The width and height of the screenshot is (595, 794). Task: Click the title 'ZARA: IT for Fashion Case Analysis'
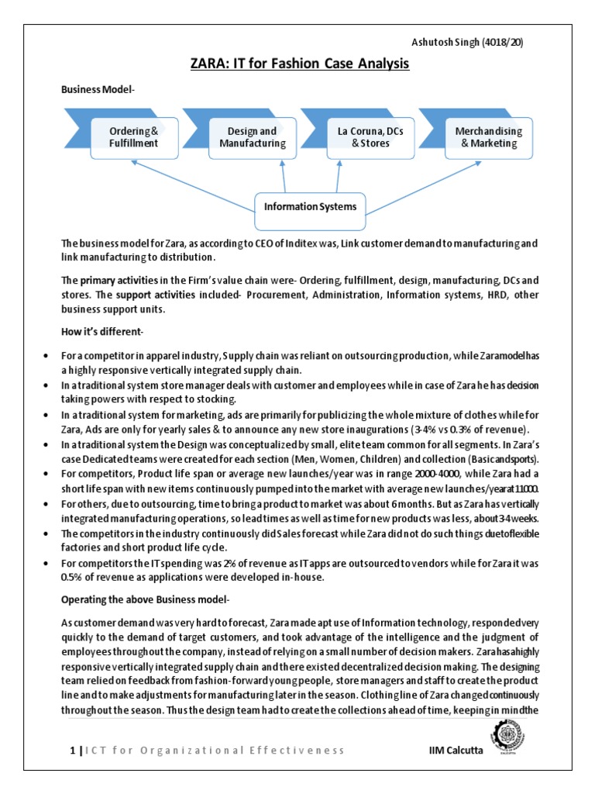click(298, 64)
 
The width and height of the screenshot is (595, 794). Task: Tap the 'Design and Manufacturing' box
click(252, 137)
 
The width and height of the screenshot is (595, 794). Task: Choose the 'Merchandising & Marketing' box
click(488, 137)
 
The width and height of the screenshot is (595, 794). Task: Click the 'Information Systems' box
click(310, 206)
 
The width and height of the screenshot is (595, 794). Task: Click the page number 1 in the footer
click(72, 751)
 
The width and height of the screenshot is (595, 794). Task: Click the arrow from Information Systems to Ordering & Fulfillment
click(194, 183)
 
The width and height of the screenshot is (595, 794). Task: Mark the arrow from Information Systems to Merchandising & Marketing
click(426, 183)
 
